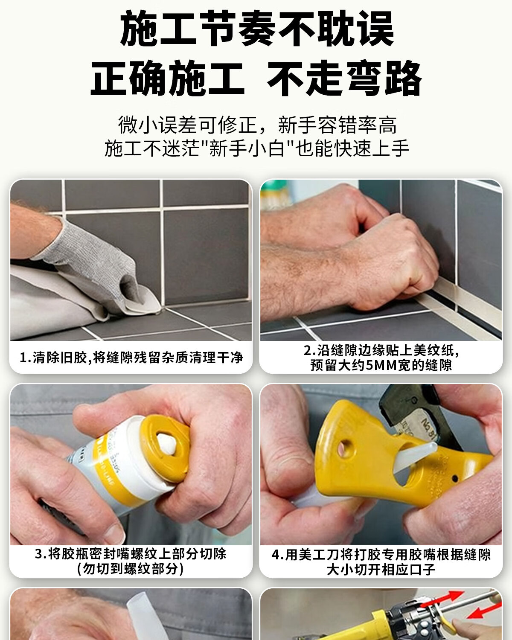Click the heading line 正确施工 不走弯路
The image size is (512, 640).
pos(256,78)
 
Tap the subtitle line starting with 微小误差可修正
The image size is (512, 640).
pos(257,125)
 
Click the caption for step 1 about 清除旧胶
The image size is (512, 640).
pos(131,357)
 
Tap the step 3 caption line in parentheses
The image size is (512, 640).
pos(130,569)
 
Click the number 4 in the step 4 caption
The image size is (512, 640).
pos(276,555)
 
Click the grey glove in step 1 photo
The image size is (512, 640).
pos(89,265)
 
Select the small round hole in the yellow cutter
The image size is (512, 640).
pos(343,447)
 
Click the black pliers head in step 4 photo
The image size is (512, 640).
pos(413,410)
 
